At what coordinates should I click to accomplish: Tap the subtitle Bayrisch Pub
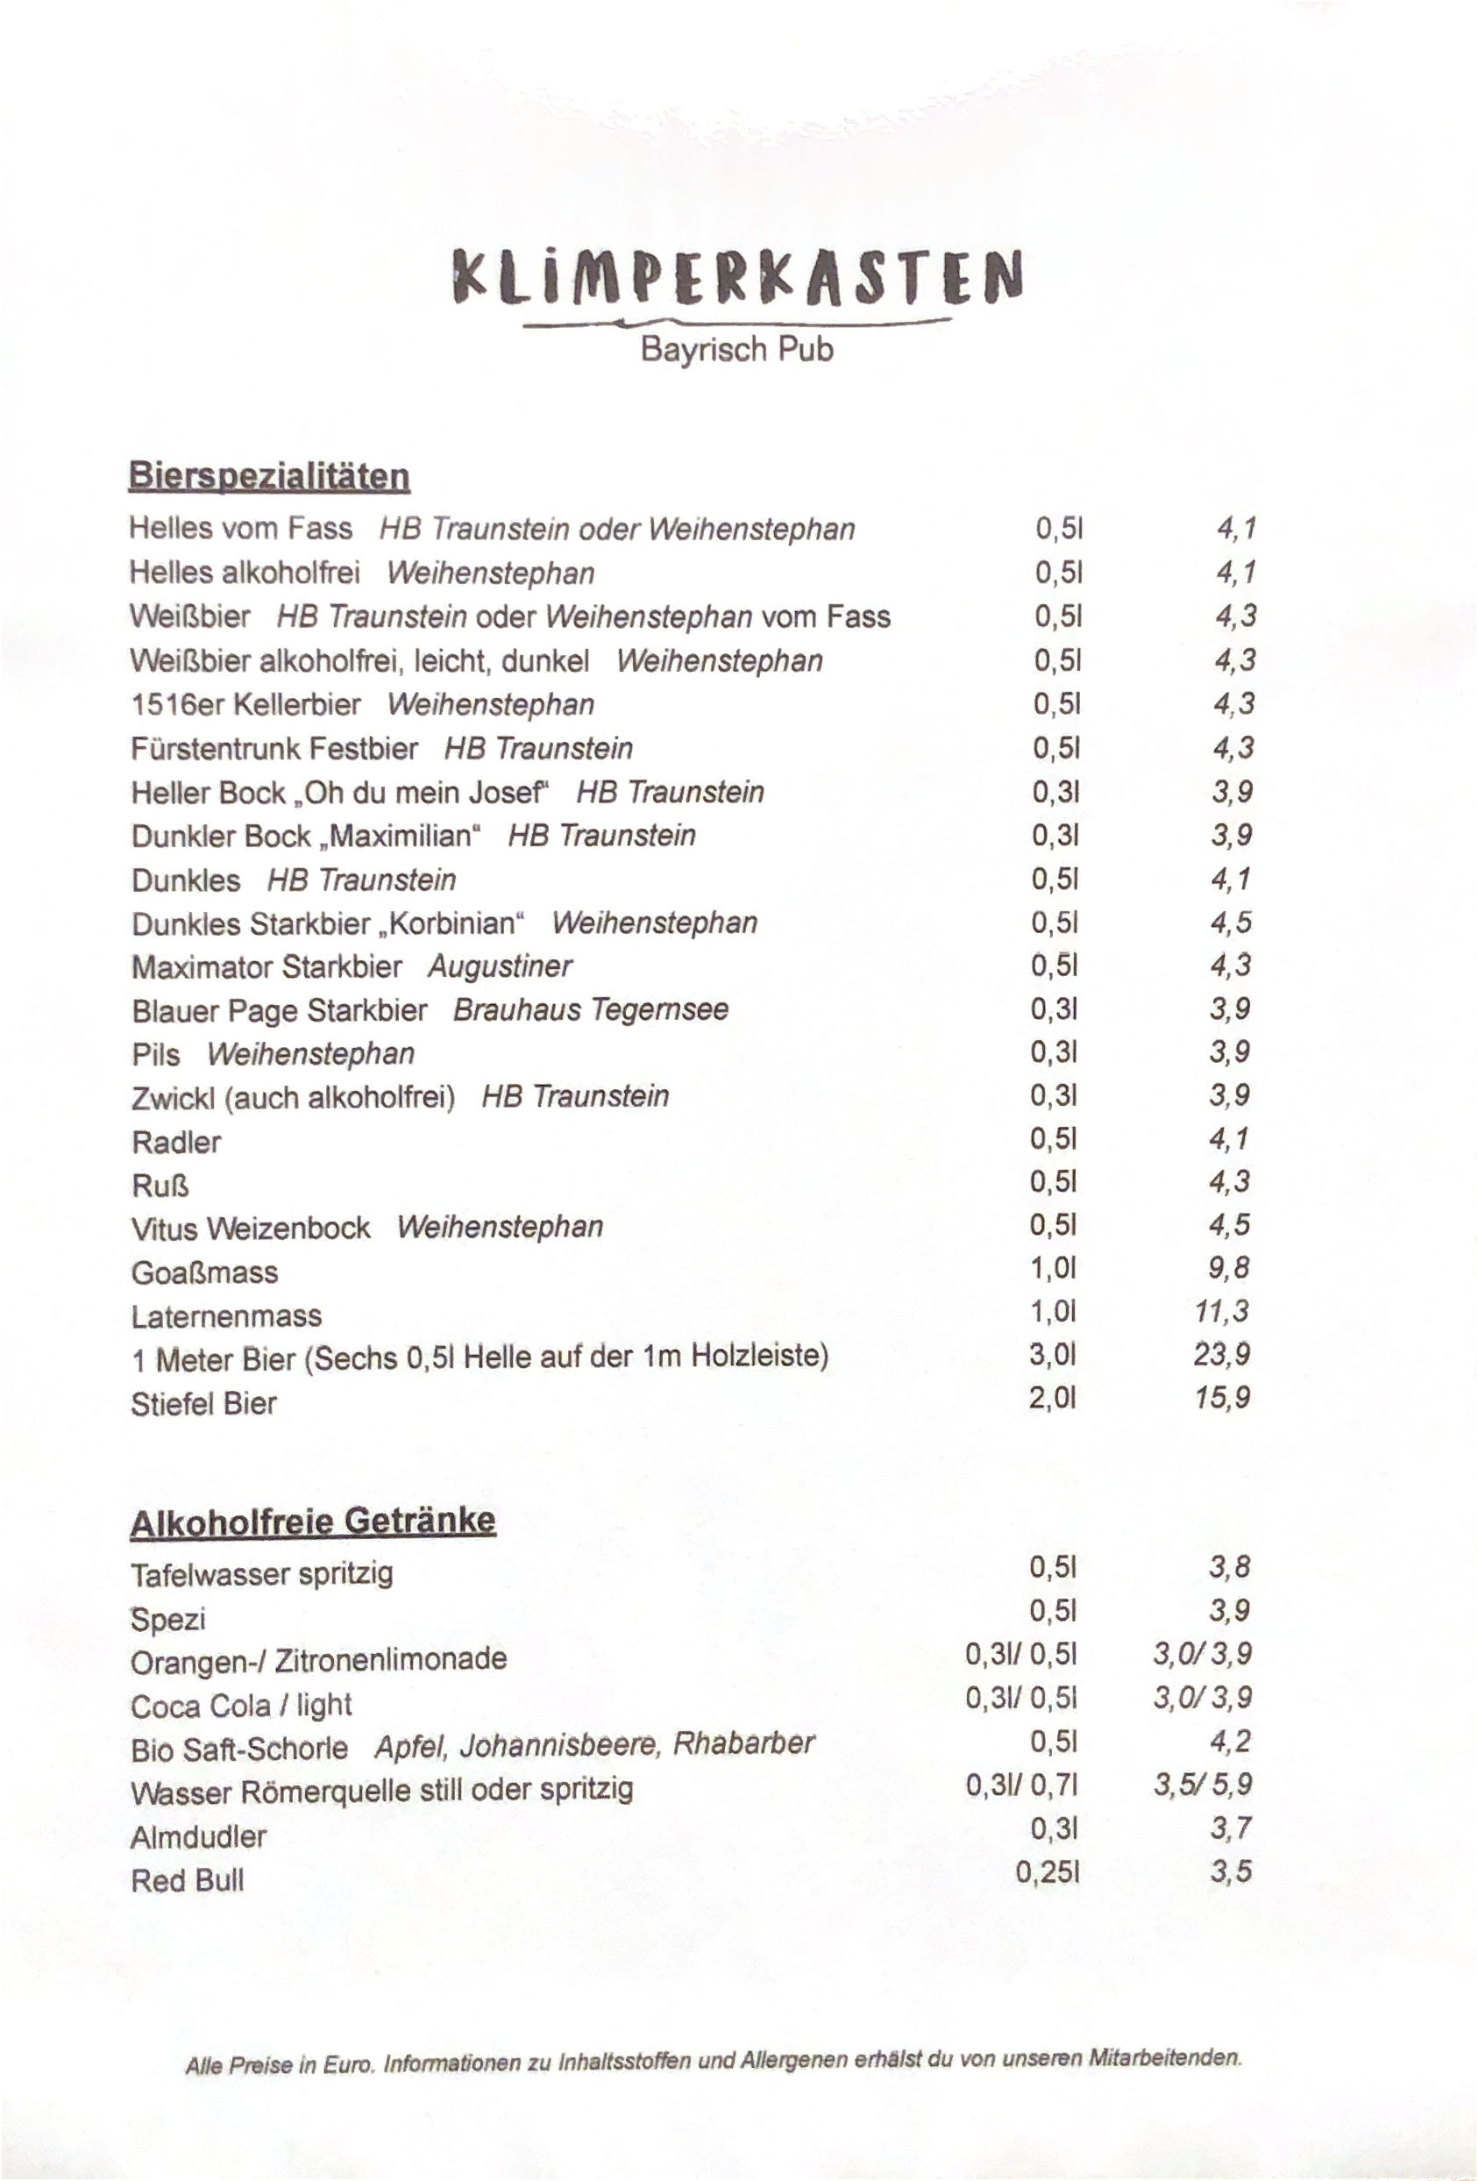736,350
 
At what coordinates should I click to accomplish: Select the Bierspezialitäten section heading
269,476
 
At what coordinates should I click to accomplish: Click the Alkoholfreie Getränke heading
312,1522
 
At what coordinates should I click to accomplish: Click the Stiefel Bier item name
203,1404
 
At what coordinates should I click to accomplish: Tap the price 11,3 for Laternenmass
1222,1310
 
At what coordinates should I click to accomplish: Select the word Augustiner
499,966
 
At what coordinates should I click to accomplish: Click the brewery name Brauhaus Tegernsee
590,1009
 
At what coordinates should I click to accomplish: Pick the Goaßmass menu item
204,1272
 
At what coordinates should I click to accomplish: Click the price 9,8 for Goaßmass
1228,1268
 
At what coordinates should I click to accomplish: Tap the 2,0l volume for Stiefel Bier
1052,1399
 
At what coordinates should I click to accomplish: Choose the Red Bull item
188,1881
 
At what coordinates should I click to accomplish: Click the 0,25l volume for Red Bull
1048,1873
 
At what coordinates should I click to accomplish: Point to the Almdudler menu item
199,1836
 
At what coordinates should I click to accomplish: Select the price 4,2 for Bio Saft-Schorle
1230,1742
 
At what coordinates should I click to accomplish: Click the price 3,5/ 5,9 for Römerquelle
1202,1784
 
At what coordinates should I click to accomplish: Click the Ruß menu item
160,1187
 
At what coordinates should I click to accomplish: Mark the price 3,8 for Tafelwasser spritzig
1229,1566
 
